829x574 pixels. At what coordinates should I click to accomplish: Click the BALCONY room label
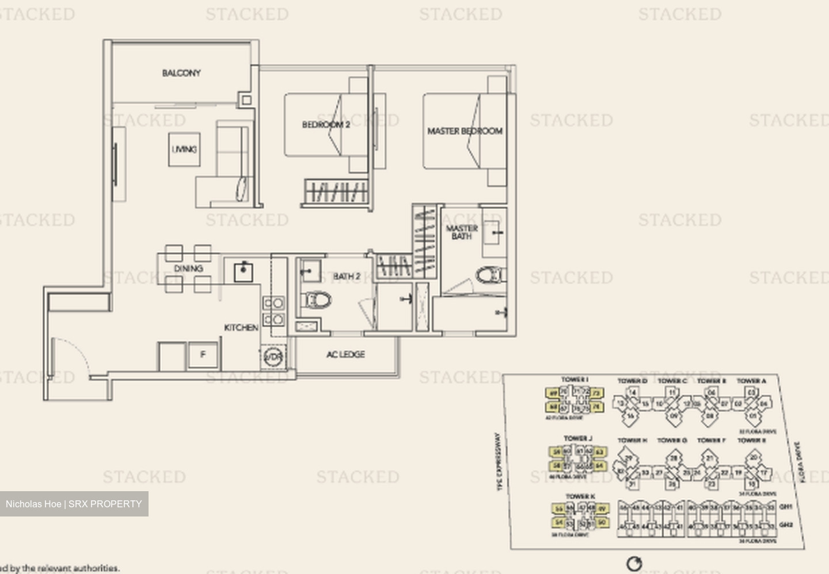pos(181,73)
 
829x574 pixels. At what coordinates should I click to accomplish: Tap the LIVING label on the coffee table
pos(184,150)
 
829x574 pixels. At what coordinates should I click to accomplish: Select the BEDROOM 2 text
pos(326,124)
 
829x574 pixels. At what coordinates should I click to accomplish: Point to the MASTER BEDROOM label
pos(465,131)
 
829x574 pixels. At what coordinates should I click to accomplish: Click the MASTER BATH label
pos(462,232)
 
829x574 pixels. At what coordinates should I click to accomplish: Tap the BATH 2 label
pos(347,277)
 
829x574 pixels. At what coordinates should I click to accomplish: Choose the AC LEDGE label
pos(345,354)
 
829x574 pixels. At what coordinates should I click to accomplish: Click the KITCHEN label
pos(241,327)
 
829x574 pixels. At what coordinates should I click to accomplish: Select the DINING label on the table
pos(188,269)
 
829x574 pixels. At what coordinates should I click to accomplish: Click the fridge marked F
pos(203,355)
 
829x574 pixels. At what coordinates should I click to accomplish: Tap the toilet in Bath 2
pos(318,299)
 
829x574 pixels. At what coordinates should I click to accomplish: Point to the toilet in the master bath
pos(490,275)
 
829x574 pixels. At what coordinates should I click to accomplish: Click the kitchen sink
pos(244,271)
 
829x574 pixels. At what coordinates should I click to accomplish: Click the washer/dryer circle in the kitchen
pos(273,357)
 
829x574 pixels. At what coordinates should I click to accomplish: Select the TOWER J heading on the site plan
pos(577,438)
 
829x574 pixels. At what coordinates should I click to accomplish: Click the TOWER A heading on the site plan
pos(751,381)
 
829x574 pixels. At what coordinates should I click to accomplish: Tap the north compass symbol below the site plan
pos(634,563)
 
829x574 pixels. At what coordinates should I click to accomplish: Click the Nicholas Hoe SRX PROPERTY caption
pos(74,504)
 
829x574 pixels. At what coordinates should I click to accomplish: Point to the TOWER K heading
pos(580,496)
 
